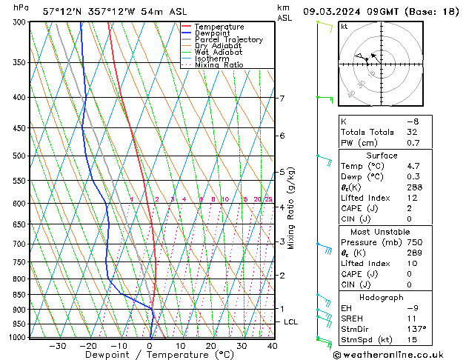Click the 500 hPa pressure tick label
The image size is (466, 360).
pyautogui.click(x=20, y=156)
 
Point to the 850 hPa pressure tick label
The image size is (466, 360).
pyautogui.click(x=20, y=295)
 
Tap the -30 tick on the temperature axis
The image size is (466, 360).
pyautogui.click(x=57, y=345)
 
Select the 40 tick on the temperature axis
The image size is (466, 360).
pyautogui.click(x=272, y=345)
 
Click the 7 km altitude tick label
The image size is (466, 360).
pyautogui.click(x=282, y=99)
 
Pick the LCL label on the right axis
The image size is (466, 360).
pyautogui.click(x=291, y=322)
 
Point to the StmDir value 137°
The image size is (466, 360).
pyautogui.click(x=416, y=329)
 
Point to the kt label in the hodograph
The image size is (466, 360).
pyautogui.click(x=344, y=26)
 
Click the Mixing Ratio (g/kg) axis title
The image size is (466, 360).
pyautogui.click(x=291, y=208)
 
